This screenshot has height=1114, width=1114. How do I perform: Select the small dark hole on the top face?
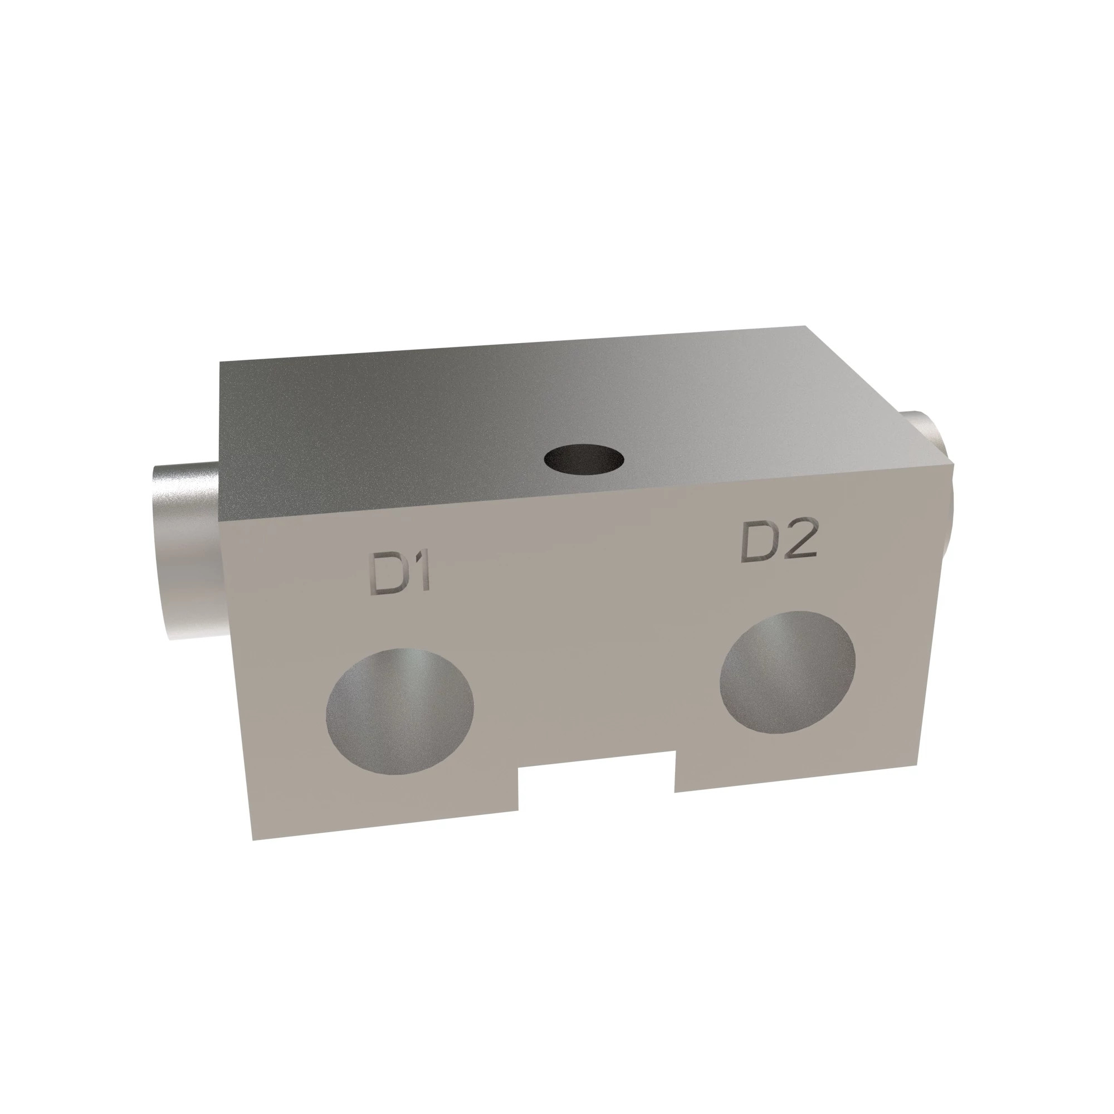point(584,460)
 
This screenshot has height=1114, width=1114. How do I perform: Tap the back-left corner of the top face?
point(220,362)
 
